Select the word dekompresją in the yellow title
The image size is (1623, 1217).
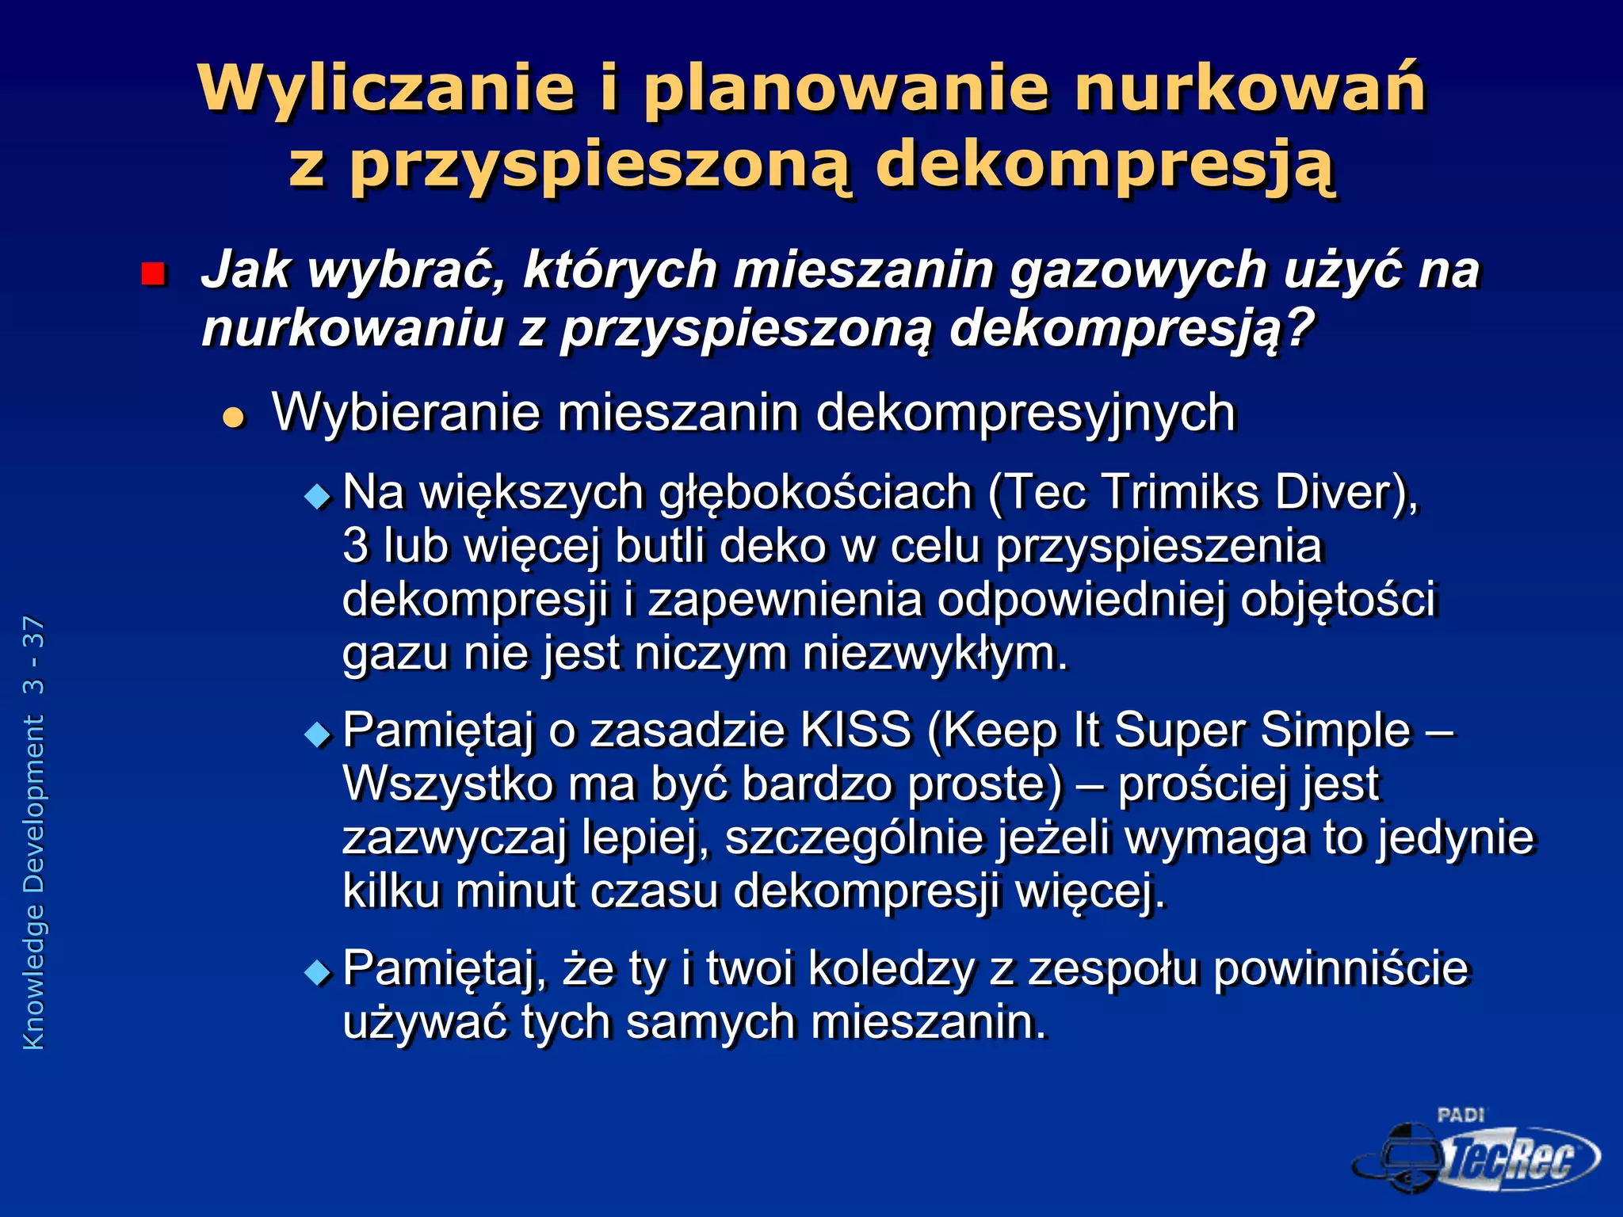1106,165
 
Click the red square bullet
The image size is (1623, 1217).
152,274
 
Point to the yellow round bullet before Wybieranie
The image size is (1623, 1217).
235,417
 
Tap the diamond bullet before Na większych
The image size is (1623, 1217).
319,497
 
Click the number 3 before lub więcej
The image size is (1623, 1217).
356,546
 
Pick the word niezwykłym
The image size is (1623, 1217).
935,654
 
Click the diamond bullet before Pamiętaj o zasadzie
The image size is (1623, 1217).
319,734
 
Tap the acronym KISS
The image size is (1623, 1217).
856,730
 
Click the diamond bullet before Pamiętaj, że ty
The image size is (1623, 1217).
319,972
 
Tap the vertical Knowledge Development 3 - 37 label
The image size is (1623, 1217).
33,832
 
